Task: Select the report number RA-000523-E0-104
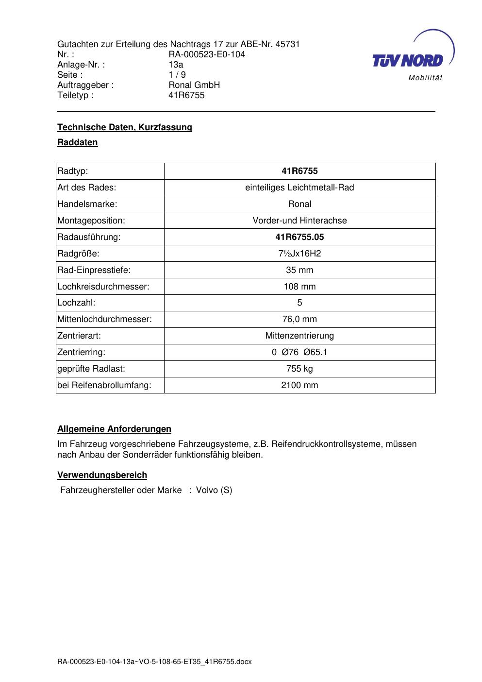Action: coord(207,54)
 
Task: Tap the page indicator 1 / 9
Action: coord(177,75)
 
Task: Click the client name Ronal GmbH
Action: coord(194,85)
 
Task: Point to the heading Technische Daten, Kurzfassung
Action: coord(125,127)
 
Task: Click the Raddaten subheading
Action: coord(78,142)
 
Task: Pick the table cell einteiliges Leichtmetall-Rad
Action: coord(299,188)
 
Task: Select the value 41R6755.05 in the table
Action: coord(299,237)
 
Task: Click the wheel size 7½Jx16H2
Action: coord(299,254)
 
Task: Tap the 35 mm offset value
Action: coord(299,270)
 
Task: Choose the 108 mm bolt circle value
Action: coord(299,287)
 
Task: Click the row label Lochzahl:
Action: coord(76,303)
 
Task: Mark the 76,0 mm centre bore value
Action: coord(299,319)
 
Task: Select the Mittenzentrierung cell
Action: coord(299,336)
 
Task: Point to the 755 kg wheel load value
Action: coord(299,369)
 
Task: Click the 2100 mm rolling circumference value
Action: coord(299,385)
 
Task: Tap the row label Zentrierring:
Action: coord(81,352)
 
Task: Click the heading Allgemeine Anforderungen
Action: coord(114,429)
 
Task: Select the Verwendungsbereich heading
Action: coord(102,475)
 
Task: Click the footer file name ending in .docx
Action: coord(154,662)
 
